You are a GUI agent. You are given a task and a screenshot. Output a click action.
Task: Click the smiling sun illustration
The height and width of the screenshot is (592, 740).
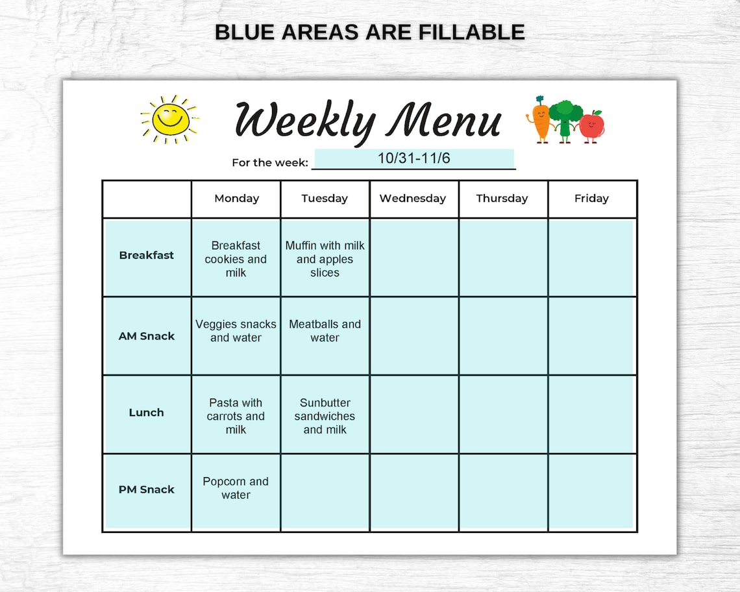click(170, 119)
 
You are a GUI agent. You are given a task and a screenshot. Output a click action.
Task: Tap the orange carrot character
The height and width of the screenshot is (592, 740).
click(540, 119)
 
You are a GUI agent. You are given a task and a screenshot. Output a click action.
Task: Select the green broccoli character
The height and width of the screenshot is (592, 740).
click(565, 119)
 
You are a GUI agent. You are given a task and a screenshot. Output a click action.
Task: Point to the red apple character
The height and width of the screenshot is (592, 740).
click(591, 126)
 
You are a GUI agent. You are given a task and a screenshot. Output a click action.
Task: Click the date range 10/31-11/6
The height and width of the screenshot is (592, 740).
click(413, 158)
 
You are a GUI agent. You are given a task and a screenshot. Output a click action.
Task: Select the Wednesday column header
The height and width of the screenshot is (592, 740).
click(413, 199)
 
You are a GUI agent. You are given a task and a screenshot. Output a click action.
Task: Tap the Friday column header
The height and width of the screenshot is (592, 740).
click(591, 199)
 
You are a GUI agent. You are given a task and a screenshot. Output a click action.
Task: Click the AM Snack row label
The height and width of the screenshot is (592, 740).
click(147, 336)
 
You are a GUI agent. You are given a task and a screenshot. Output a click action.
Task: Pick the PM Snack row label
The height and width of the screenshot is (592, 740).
click(147, 489)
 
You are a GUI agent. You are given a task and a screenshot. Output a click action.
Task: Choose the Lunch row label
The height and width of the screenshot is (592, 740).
click(147, 413)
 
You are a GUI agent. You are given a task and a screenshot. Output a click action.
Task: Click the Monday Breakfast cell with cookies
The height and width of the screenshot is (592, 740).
click(236, 259)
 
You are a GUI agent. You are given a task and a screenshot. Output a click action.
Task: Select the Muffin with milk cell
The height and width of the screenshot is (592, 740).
click(325, 259)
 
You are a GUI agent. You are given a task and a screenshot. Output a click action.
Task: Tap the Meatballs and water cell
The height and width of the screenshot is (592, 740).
click(325, 331)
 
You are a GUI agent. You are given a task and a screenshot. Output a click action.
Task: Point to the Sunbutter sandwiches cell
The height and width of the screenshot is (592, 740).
click(325, 416)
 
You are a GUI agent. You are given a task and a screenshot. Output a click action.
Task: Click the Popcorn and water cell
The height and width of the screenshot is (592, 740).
click(236, 488)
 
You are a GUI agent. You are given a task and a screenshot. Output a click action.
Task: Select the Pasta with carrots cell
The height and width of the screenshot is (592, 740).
click(236, 416)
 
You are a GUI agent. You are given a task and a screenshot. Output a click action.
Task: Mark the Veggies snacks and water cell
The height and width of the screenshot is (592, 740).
click(236, 331)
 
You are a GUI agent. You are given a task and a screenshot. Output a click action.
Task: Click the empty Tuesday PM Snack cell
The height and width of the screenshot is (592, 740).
click(325, 492)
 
